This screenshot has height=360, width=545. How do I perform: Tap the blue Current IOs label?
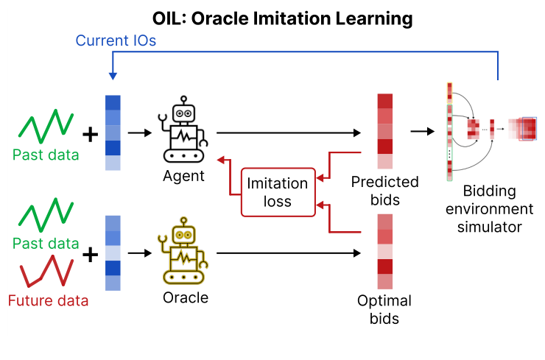pyautogui.click(x=116, y=41)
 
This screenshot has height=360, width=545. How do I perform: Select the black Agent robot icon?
pyautogui.click(x=183, y=133)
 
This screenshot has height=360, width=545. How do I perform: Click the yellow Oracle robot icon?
pyautogui.click(x=183, y=255)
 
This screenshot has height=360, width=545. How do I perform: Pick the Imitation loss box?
pyautogui.click(x=278, y=191)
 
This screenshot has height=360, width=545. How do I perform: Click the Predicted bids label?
pyautogui.click(x=384, y=189)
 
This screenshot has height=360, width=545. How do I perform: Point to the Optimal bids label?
pyautogui.click(x=384, y=309)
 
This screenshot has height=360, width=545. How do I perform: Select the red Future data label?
pyautogui.click(x=48, y=300)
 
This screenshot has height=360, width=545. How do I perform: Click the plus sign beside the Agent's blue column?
pyautogui.click(x=89, y=134)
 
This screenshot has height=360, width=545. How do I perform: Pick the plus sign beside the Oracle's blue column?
pyautogui.click(x=89, y=255)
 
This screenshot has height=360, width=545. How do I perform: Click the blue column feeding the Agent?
pyautogui.click(x=112, y=133)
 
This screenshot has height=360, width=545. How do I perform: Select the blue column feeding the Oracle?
pyautogui.click(x=112, y=253)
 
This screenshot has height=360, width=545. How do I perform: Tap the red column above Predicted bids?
pyautogui.click(x=385, y=132)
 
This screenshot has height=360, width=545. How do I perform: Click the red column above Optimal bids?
pyautogui.click(x=385, y=252)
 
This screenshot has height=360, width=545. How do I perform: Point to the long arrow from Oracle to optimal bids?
pyautogui.click(x=287, y=255)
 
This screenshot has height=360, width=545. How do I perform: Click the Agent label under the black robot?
pyautogui.click(x=183, y=177)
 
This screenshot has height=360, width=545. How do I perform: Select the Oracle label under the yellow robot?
pyautogui.click(x=185, y=297)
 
